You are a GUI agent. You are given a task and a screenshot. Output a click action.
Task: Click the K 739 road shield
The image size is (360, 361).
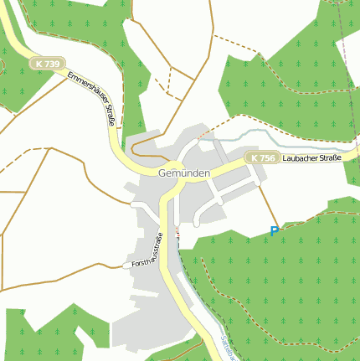click(x=48, y=64)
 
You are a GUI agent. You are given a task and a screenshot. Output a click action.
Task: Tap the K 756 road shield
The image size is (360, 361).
click(x=261, y=158)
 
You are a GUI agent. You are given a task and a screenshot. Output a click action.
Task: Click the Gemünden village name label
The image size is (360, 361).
click(x=183, y=173)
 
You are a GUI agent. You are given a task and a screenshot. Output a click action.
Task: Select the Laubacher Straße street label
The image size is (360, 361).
click(x=312, y=158)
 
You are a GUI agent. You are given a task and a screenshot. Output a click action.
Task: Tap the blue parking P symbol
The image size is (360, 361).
click(x=274, y=231)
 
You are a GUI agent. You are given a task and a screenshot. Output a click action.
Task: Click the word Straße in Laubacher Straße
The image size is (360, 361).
click(x=328, y=158)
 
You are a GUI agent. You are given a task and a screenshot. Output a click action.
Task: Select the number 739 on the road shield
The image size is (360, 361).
click(x=52, y=64)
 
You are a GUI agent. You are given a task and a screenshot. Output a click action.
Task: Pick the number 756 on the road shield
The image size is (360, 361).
click(x=265, y=158)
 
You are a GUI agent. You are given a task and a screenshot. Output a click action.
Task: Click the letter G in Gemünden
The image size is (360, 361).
click(x=161, y=173)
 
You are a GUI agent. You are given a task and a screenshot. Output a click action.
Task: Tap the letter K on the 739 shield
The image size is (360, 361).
click(x=39, y=64)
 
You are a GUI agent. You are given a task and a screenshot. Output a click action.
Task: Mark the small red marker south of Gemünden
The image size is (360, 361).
click(x=177, y=230)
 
